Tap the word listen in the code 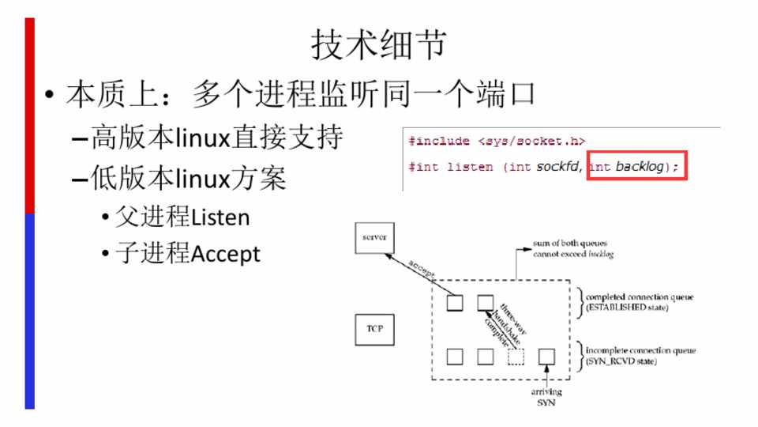467,168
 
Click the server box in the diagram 372,237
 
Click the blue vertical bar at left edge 30,312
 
